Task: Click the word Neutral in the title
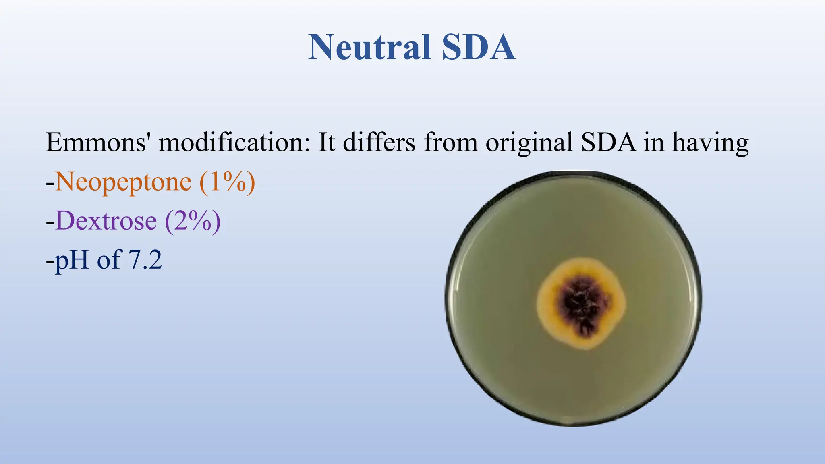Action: coord(369,48)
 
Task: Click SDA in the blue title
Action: coord(478,48)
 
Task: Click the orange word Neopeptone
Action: coord(123,182)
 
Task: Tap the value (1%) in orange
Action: coord(227,182)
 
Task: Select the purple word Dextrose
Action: coord(106,221)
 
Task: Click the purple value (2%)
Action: coord(193,221)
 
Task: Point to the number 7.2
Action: coord(145,260)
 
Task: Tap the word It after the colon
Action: coord(326,143)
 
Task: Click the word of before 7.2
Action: coord(109,260)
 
